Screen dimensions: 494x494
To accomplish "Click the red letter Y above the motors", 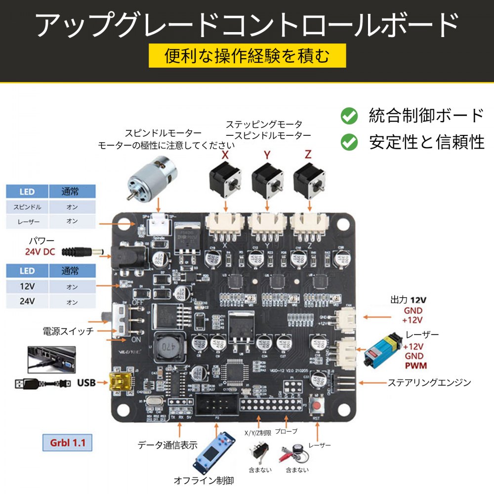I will coord(267,155).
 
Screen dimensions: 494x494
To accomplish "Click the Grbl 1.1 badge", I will coord(68,442).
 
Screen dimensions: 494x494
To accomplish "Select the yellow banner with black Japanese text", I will coord(247,56).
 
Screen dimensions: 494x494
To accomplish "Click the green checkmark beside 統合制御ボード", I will coord(350,116).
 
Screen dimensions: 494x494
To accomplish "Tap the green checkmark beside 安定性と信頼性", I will coord(350,142).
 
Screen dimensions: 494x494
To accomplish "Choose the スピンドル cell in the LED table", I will coord(27,207).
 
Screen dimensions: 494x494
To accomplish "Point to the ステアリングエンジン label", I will coord(429,382).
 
